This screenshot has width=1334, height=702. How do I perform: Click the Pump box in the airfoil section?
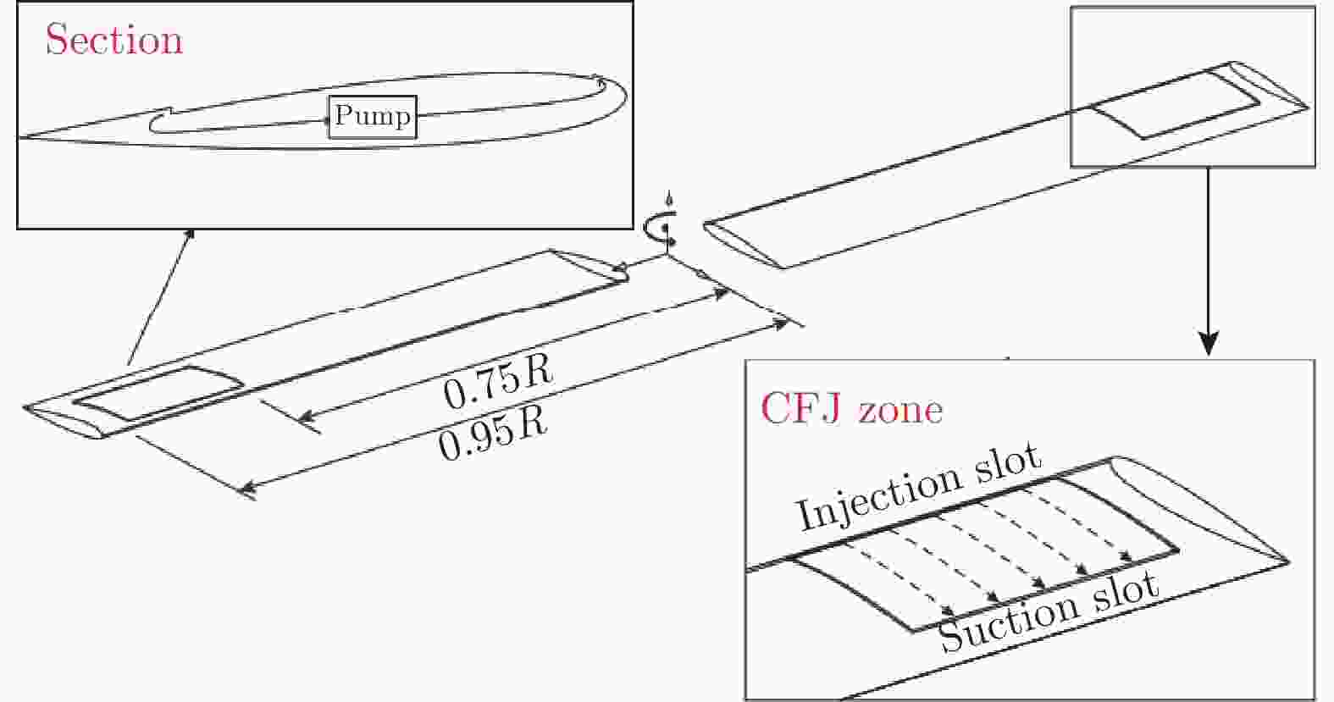(x=373, y=117)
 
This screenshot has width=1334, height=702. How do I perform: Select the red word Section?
(x=113, y=40)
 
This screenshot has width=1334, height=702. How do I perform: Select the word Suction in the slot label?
(x=1007, y=623)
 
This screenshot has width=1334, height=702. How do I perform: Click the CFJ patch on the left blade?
(x=157, y=394)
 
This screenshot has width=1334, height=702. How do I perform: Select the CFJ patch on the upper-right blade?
(x=1173, y=104)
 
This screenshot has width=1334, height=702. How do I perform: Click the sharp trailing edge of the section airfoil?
(x=19, y=136)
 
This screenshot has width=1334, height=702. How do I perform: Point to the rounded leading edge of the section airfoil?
(x=624, y=92)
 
